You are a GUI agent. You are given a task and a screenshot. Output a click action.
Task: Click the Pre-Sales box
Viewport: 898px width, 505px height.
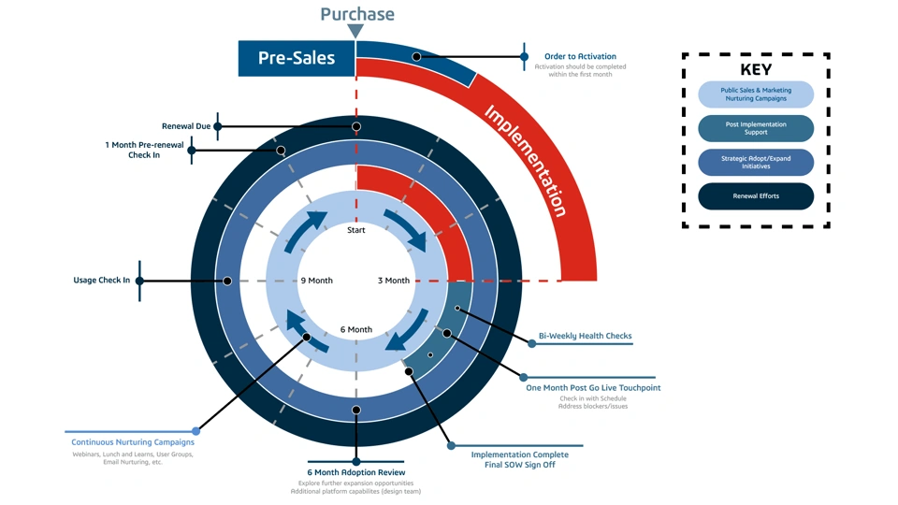(x=297, y=58)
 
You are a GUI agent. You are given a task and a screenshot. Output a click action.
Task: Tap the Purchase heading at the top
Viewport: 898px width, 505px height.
(x=357, y=14)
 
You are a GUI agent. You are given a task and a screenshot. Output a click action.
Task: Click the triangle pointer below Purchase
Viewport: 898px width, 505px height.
(x=356, y=32)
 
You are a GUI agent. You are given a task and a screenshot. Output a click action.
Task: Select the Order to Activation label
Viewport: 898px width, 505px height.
(x=580, y=57)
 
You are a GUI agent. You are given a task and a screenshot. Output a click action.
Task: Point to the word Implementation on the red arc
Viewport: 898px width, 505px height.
(x=526, y=160)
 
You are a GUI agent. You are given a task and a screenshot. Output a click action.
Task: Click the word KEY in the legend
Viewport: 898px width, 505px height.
(x=756, y=70)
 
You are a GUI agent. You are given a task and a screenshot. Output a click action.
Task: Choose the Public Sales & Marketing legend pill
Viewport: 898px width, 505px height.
(x=756, y=94)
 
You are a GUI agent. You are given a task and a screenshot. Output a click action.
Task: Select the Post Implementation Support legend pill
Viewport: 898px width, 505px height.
(x=756, y=128)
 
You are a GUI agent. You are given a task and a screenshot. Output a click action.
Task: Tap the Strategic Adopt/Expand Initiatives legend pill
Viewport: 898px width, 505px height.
(x=756, y=163)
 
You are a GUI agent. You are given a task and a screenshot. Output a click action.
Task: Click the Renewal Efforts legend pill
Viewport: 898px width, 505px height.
(x=756, y=196)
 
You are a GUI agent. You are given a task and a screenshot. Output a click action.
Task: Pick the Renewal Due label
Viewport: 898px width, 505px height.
(x=186, y=126)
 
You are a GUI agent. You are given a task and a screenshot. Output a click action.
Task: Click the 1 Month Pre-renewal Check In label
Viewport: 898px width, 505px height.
(x=144, y=150)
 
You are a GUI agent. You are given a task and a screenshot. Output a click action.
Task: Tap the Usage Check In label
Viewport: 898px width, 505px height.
(x=102, y=281)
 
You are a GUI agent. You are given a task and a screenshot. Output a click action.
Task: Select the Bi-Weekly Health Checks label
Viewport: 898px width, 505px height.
(x=586, y=336)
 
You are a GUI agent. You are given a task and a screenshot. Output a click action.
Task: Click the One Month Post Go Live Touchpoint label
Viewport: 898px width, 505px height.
(x=593, y=387)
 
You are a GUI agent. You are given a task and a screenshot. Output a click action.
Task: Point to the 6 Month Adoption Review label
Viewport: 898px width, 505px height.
(x=356, y=472)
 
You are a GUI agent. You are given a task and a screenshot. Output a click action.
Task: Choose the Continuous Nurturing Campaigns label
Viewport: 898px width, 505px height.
(x=133, y=442)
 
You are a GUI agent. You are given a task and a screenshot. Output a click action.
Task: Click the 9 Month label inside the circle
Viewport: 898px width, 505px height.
(x=316, y=281)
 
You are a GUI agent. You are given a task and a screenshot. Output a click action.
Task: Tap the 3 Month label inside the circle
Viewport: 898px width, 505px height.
(x=394, y=281)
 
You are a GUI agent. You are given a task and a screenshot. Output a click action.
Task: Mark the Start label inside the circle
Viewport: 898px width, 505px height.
(x=356, y=230)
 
